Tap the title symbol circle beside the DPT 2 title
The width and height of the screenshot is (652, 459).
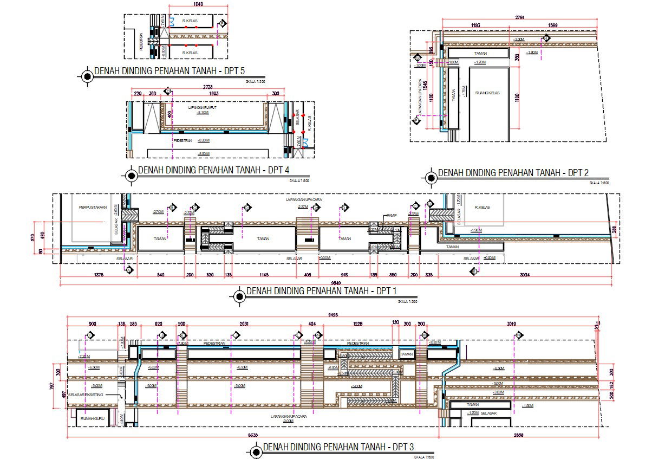(x=431, y=177)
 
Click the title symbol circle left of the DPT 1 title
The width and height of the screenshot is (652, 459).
(x=239, y=295)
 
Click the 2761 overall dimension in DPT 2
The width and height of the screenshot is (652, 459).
(x=520, y=18)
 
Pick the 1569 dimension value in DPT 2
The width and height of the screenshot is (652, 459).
(x=553, y=25)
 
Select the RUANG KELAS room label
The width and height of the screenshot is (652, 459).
(x=487, y=93)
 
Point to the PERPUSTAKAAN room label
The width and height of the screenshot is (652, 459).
(x=92, y=207)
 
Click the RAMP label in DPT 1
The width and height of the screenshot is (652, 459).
(x=392, y=215)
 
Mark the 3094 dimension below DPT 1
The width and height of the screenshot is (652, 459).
(x=526, y=275)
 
